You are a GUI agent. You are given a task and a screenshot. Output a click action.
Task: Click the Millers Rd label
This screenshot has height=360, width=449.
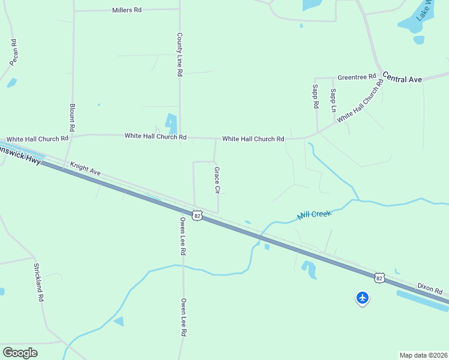coord(127,10)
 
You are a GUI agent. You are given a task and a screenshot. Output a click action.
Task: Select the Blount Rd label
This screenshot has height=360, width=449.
coord(72,117)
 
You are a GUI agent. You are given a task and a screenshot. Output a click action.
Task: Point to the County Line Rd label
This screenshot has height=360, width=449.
coord(179,54)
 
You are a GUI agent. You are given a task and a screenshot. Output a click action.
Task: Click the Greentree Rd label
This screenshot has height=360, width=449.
coord(357,77)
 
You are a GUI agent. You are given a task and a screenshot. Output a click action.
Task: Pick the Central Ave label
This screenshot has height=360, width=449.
coord(402,79)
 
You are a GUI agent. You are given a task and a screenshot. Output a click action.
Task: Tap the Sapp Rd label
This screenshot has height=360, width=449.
coord(315,96)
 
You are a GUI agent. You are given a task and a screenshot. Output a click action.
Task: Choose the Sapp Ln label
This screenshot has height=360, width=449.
coord(333,100)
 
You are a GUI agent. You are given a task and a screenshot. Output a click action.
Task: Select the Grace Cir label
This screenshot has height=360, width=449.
coord(217,180)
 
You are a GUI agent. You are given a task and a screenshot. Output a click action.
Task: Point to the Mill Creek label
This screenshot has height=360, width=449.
coord(315,214)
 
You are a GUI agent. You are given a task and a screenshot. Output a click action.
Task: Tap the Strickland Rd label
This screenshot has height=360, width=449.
coord(38,282)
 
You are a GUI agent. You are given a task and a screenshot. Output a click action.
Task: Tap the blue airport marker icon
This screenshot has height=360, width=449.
coord(363,298)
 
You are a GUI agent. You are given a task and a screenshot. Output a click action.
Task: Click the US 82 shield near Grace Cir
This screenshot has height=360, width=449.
coord(197,215)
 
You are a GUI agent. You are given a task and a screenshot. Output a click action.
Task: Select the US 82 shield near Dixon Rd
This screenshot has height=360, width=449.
coord(379,278)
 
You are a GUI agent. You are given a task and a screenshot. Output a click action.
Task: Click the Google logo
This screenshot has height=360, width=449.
coord(20,353)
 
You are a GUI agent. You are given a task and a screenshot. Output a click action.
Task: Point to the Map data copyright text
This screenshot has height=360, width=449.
coord(423,355)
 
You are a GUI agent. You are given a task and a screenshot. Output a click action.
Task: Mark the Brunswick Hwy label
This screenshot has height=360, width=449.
coord(18,154)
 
